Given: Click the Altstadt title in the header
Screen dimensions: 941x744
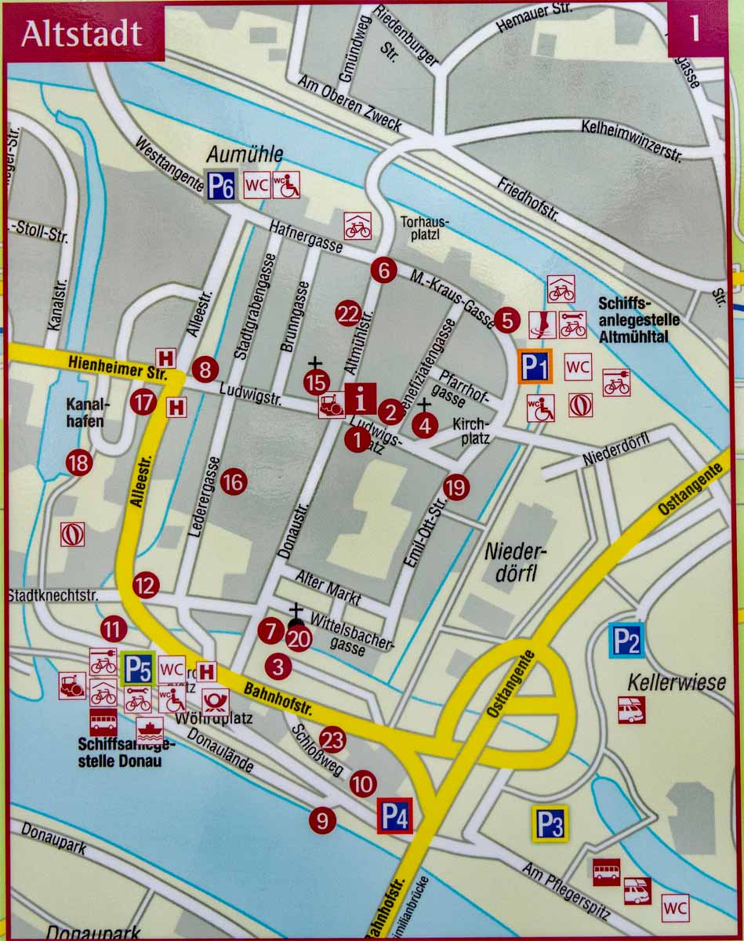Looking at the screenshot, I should [x=82, y=34].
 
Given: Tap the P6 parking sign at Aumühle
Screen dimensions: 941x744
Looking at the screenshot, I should [x=220, y=185].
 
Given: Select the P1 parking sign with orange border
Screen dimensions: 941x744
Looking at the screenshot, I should [x=535, y=366].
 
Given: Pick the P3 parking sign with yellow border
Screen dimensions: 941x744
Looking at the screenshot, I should [x=550, y=823].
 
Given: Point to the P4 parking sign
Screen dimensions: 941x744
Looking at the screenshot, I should [x=394, y=816].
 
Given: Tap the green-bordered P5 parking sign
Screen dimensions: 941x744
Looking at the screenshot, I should [x=138, y=670].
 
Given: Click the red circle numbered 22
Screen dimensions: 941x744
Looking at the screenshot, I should [x=347, y=314].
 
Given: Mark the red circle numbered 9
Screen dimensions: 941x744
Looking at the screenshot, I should [x=321, y=820].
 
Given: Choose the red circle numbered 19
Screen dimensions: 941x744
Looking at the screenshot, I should [x=455, y=488].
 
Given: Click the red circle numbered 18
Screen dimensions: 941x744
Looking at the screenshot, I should [x=78, y=463].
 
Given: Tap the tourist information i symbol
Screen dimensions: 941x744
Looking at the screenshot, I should [x=360, y=399].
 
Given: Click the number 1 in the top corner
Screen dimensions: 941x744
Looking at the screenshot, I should [x=694, y=30].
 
